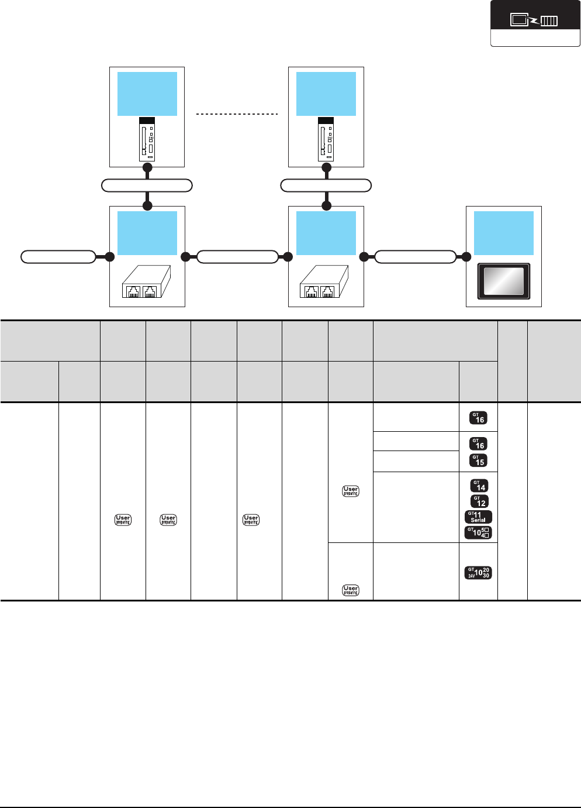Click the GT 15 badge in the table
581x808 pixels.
pyautogui.click(x=478, y=461)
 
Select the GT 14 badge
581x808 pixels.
pyautogui.click(x=478, y=486)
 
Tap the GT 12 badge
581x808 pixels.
pyautogui.click(x=478, y=501)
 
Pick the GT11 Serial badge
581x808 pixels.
pyautogui.click(x=478, y=517)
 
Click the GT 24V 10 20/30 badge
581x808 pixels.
pyautogui.click(x=478, y=572)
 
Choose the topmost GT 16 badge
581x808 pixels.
pyautogui.click(x=478, y=418)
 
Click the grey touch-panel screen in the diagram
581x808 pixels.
pyautogui.click(x=504, y=281)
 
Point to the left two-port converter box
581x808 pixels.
pyautogui.click(x=146, y=282)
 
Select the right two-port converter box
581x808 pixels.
pyautogui.click(x=324, y=282)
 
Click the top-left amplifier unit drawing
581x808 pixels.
pyautogui.click(x=147, y=139)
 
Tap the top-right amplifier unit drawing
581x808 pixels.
pyautogui.click(x=326, y=139)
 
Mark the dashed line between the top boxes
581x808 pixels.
pyautogui.click(x=236, y=114)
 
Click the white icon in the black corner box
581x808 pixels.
pyautogui.click(x=534, y=20)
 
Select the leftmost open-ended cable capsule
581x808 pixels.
pyautogui.click(x=58, y=257)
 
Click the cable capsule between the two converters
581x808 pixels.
pyautogui.click(x=237, y=257)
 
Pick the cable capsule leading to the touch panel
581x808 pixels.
pyautogui.click(x=415, y=257)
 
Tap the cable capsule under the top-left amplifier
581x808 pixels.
pyautogui.click(x=147, y=186)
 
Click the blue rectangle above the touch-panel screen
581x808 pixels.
pyautogui.click(x=504, y=233)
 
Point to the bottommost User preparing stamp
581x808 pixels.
pyautogui.click(x=351, y=590)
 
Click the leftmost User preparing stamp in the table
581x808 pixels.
pyautogui.click(x=123, y=520)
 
